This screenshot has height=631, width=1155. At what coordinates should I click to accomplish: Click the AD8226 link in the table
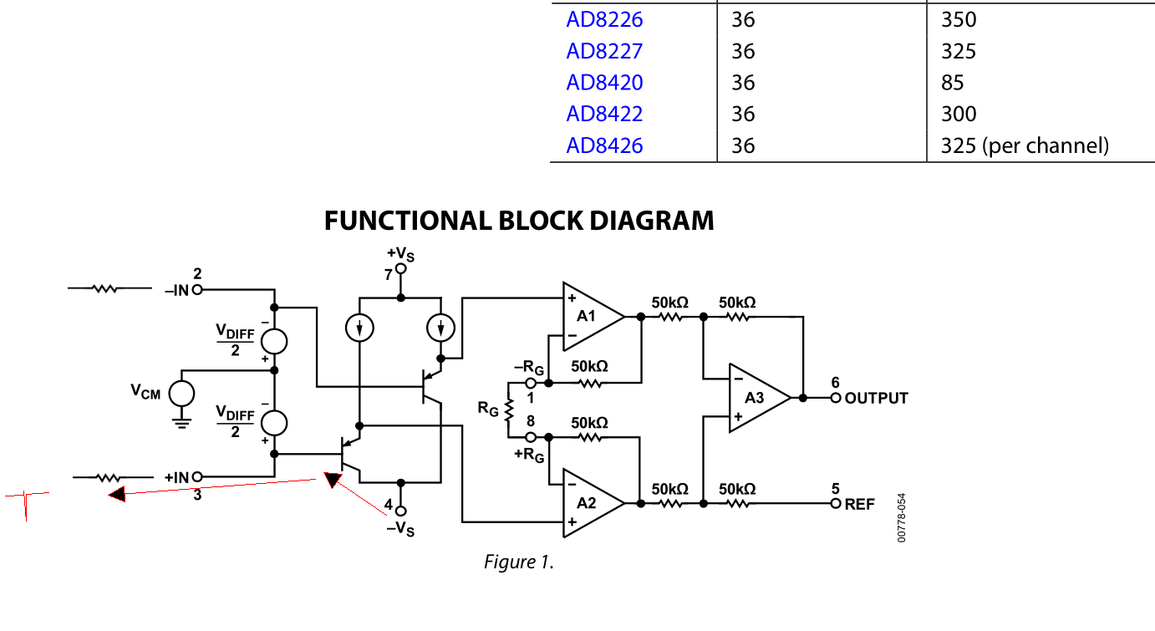[604, 19]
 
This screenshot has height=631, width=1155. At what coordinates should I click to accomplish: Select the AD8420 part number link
[604, 82]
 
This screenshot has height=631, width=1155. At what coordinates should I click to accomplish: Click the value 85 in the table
[952, 82]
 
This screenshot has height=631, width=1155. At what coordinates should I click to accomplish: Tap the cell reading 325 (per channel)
[1025, 145]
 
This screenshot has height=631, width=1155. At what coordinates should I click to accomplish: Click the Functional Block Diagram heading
[519, 221]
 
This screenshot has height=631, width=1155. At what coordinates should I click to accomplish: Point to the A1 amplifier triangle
[590, 317]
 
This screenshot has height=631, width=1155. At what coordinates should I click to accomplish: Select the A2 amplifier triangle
[590, 503]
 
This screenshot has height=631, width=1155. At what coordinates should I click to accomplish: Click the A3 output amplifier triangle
[755, 398]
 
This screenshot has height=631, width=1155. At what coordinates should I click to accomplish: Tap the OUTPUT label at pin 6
[876, 398]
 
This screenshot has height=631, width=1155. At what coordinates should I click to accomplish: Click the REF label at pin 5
[860, 504]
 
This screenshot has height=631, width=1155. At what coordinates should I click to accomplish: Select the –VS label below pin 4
[399, 529]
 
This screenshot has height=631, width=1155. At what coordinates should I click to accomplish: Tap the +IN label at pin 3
[176, 477]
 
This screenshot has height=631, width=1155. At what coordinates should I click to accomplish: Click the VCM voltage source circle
[181, 393]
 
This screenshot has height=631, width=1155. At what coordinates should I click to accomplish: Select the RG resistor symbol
[507, 410]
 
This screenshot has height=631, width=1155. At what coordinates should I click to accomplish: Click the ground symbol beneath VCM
[181, 420]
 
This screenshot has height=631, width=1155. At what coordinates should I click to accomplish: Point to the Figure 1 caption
[519, 562]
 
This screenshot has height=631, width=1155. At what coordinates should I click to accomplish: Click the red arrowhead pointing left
[117, 494]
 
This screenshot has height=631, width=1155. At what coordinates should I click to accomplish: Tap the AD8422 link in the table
[604, 114]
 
